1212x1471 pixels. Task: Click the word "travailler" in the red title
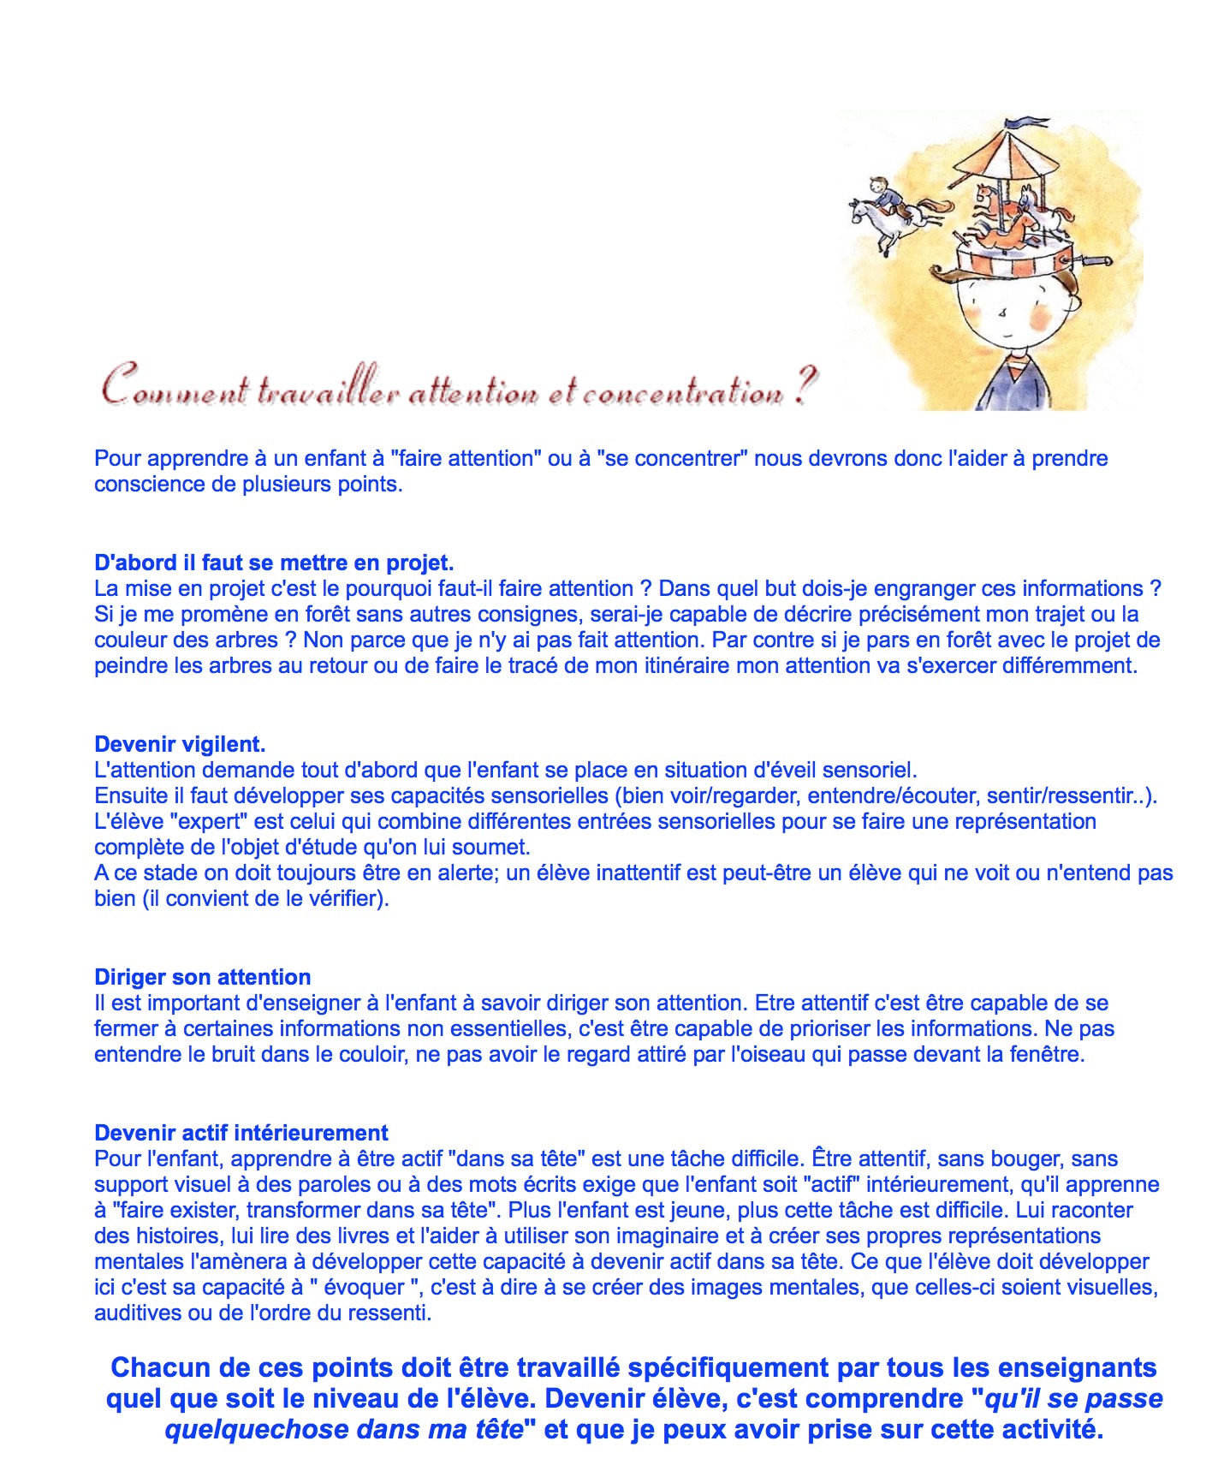tap(329, 391)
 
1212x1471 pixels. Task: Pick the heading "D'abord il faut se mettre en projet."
tap(274, 563)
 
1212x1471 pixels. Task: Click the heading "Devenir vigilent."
tap(180, 744)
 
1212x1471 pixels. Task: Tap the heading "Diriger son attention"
tap(202, 977)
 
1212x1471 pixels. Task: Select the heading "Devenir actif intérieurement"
tap(241, 1133)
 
